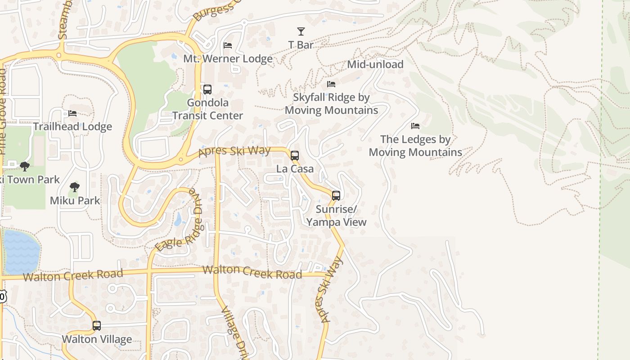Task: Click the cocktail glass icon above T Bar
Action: coord(301,31)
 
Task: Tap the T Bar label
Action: coord(301,45)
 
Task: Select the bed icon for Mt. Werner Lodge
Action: coord(228,45)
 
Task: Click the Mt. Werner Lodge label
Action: coord(228,58)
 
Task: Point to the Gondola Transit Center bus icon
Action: coord(207,89)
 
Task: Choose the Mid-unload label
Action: coord(375,64)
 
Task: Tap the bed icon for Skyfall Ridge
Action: coord(331,84)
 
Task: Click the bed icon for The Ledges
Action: coord(415,126)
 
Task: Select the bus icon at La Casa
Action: coord(295,156)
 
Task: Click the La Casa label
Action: coord(295,169)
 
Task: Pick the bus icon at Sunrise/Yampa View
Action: coord(336,195)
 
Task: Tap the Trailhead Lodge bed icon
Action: coord(72,113)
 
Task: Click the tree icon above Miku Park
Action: coord(75,187)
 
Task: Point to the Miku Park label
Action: coord(75,200)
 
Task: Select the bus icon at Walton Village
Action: coord(97,326)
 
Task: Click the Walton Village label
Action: coord(97,339)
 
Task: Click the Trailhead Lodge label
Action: coord(72,126)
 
